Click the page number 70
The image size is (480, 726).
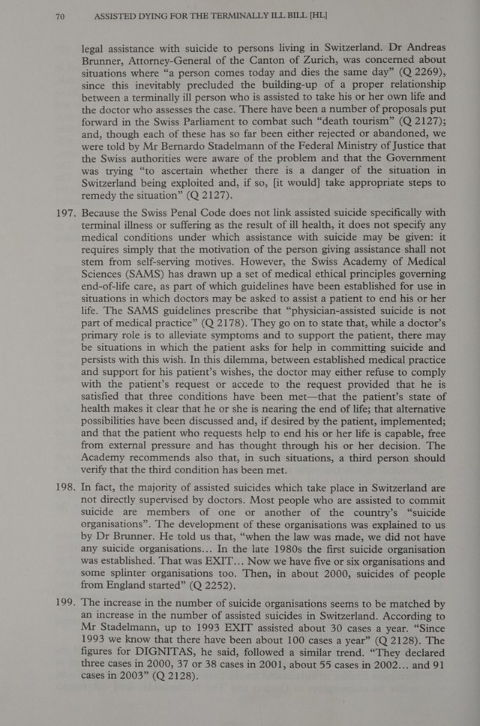coord(61,13)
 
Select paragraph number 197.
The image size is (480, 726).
coord(61,213)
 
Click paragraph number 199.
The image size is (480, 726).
coord(61,604)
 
